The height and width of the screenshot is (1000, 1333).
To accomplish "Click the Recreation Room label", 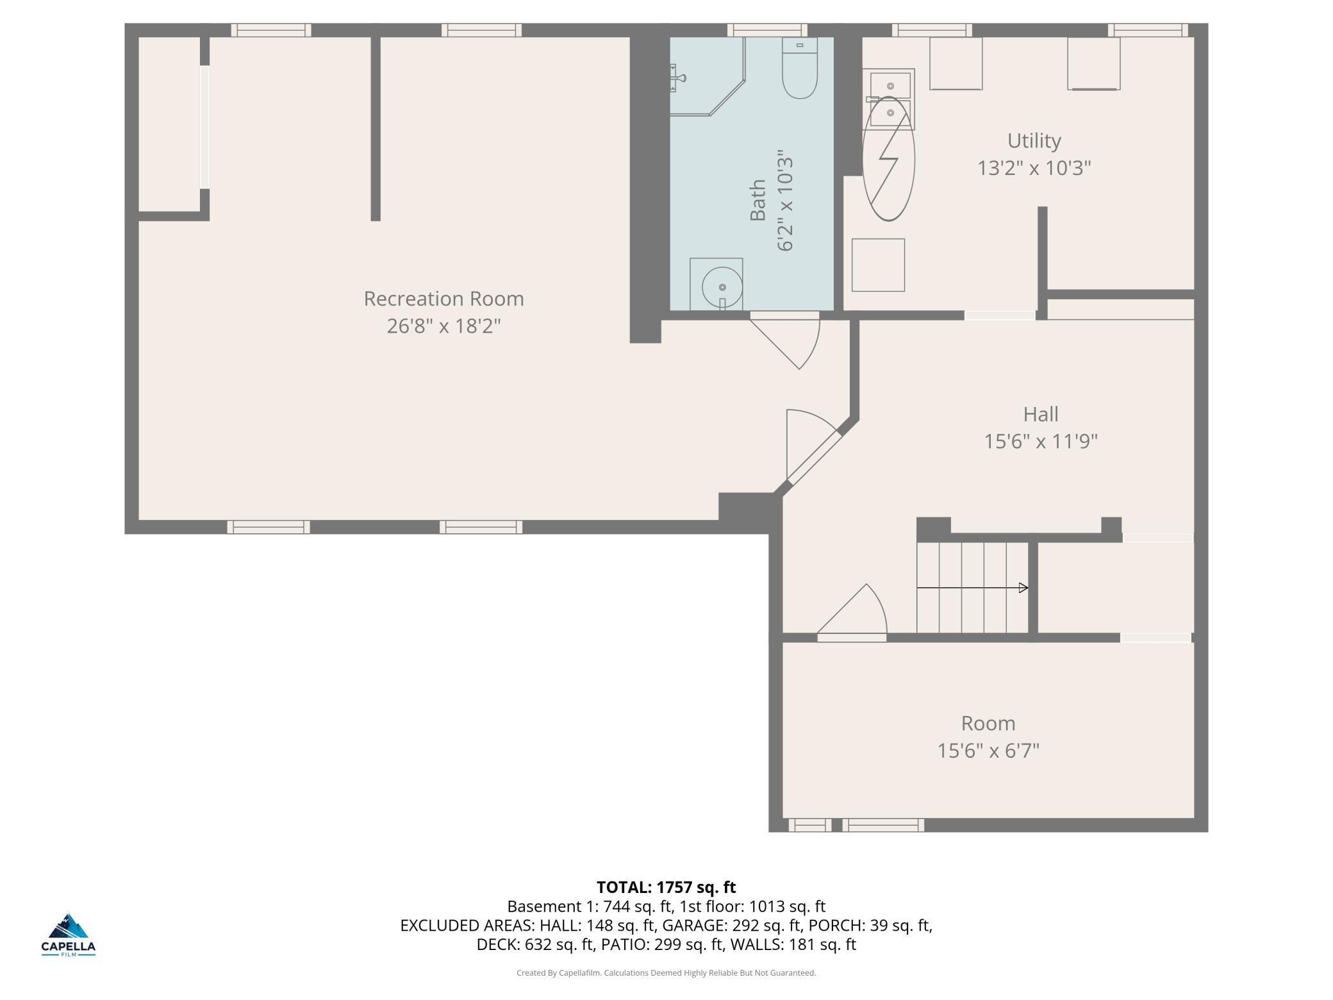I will coord(443,299).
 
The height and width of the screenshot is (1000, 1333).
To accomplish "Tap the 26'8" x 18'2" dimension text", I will coord(443,326).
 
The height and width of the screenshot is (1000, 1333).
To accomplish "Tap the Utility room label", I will coord(1034,140).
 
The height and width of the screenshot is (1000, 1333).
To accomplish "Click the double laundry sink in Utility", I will coord(890,99).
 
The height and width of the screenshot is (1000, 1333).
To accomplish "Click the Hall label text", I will coord(1040,414).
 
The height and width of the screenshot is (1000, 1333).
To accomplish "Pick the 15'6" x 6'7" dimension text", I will coord(988,751).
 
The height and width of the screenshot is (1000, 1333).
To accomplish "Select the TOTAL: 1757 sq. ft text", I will coord(666,887).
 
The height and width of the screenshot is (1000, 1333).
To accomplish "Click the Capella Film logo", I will coord(69,935).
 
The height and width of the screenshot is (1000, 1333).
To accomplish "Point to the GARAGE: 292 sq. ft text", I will coord(733,925).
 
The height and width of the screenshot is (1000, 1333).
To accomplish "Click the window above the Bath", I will coord(766,30).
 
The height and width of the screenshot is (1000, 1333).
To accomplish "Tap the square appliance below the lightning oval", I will coord(878,265).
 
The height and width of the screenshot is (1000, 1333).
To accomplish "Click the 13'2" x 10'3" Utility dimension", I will coord(1034,168).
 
